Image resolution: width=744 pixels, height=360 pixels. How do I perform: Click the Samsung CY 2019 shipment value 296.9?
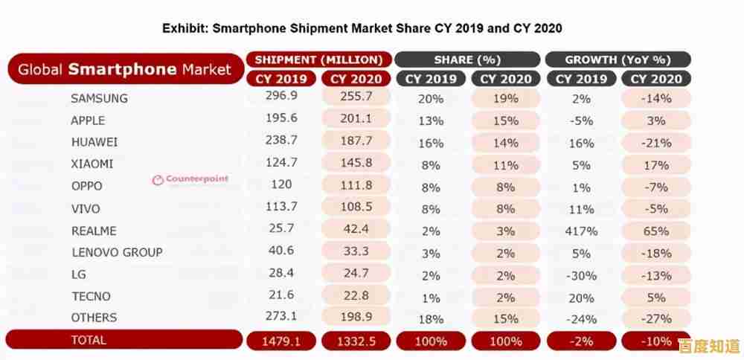pos(281,97)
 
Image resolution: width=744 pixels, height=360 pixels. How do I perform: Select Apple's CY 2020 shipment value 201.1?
pos(356,120)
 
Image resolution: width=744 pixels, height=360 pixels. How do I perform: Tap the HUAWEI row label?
pos(94,142)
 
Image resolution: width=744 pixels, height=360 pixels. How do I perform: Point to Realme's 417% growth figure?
pos(581,231)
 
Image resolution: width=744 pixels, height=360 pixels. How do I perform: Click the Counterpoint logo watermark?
pos(190,179)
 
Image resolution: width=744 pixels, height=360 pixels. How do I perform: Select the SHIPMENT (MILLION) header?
pos(318,60)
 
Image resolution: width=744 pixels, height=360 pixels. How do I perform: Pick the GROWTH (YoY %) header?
pos(618,60)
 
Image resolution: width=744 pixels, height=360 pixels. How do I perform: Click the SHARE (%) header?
pos(467,60)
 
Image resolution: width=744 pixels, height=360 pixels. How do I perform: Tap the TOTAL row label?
pos(89,340)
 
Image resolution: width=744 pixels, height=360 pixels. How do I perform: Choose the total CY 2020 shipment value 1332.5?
pos(356,341)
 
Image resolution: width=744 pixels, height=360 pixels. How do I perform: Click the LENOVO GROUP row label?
pos(117,252)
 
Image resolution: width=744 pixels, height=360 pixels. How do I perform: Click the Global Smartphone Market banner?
pos(124,70)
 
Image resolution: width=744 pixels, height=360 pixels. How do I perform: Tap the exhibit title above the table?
pos(362,28)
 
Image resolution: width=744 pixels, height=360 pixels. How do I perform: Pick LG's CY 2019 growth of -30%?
pos(581,275)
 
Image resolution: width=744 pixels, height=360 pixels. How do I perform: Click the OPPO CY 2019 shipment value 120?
pos(281,186)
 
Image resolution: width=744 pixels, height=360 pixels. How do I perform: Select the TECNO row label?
pos(91,296)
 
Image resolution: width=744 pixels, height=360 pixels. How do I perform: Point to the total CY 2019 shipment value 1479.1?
pos(281,341)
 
